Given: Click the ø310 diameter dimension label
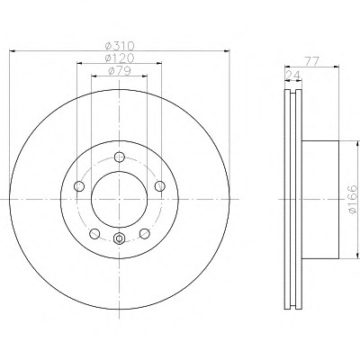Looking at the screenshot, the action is tap(120, 46).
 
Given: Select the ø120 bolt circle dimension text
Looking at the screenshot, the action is tap(120, 58).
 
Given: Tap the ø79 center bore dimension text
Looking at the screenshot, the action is tap(120, 71).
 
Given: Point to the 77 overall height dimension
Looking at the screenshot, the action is tap(311, 61).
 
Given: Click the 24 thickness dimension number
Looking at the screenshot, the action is tap(293, 76).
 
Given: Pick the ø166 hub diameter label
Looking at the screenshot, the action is tap(354, 199).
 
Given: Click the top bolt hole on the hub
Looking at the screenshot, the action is tap(120, 157).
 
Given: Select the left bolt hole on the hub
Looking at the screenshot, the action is tap(79, 186).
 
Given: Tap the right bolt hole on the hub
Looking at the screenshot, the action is tap(160, 186).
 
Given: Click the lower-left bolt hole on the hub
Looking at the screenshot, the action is tap(94, 234).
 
